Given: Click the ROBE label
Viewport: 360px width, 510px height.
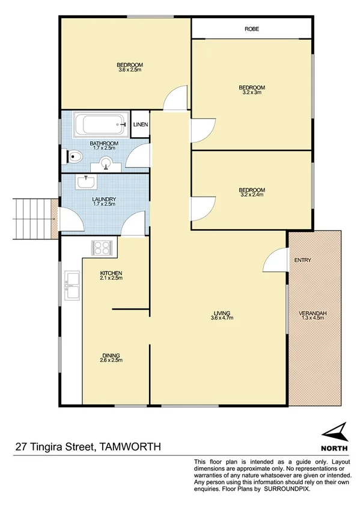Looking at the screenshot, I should tap(252, 29).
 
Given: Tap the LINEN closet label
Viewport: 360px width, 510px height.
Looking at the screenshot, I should tap(141, 124).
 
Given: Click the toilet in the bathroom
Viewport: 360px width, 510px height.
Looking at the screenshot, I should tap(73, 157).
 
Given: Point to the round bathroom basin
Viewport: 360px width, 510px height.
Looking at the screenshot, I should tap(106, 162).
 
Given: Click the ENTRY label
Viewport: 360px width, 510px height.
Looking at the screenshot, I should tap(302, 260).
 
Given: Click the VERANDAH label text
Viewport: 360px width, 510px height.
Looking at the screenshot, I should tap(312, 313).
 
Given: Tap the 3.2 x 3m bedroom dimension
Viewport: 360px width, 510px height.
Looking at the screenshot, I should tap(252, 93).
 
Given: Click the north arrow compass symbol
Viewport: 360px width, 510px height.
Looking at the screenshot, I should tap(334, 432).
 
